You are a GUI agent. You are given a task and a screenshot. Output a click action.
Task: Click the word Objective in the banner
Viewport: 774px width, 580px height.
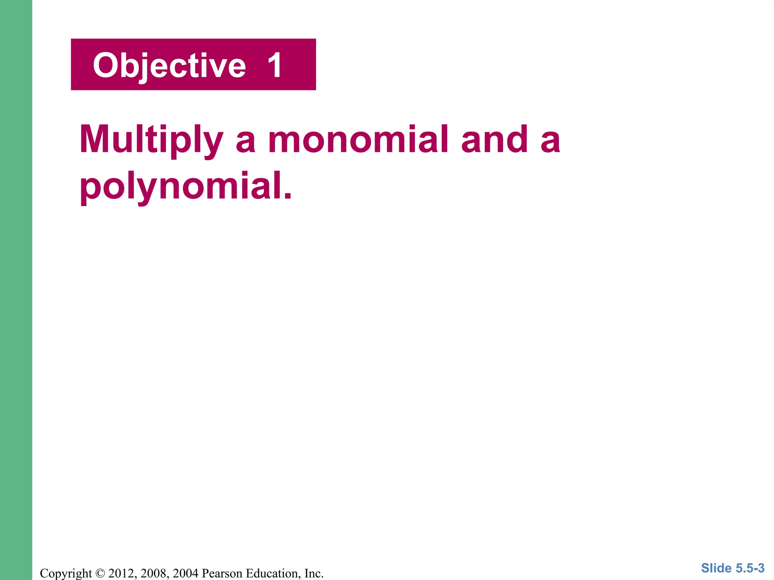pos(169,66)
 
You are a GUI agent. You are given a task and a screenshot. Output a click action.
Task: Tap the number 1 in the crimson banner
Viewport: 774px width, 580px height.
pos(275,65)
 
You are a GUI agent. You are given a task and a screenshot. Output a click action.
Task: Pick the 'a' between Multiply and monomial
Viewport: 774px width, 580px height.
pos(246,142)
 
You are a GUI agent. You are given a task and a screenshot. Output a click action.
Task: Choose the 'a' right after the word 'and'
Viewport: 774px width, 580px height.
pos(550,142)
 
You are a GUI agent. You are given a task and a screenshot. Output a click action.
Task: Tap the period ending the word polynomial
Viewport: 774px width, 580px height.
pos(288,196)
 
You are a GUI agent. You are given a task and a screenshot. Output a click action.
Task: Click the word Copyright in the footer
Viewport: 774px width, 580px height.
pos(66,573)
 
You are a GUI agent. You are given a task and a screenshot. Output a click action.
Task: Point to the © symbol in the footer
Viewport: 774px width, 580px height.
pos(100,573)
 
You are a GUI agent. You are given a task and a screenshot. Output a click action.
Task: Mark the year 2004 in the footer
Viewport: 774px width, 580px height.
pos(185,573)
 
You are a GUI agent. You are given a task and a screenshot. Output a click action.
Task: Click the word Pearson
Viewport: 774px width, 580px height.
pos(222,573)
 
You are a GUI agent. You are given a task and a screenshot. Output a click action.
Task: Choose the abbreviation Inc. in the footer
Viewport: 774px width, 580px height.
pos(314,573)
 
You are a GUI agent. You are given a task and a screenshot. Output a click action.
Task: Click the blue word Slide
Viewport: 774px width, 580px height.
pos(716,568)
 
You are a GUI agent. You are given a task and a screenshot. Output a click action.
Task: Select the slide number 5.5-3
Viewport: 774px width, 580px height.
pos(750,568)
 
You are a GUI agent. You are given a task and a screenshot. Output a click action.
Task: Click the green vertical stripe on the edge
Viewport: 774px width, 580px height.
pos(16,290)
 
